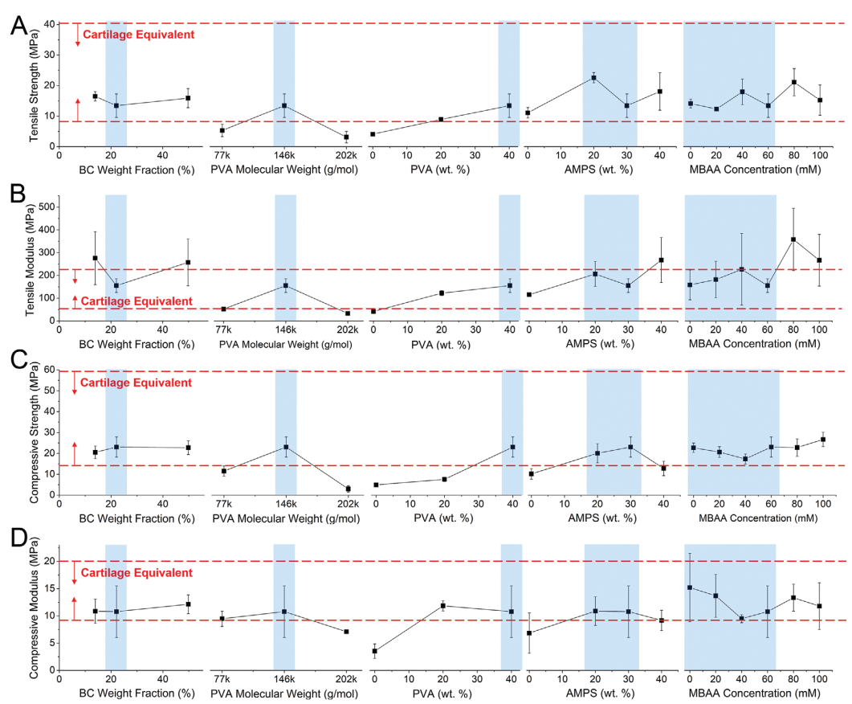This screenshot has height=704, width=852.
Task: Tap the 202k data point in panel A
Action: click(x=346, y=137)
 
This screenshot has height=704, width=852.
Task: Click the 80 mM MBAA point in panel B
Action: click(x=793, y=239)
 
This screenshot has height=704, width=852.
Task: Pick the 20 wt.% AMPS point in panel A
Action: click(x=593, y=78)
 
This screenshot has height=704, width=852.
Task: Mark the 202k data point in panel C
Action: click(x=348, y=489)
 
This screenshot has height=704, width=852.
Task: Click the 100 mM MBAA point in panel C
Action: click(x=822, y=440)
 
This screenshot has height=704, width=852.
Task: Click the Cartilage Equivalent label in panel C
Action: click(x=137, y=383)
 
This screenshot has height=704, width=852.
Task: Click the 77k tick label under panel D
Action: click(x=223, y=679)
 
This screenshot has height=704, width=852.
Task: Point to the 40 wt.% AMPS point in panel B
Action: click(x=661, y=260)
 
